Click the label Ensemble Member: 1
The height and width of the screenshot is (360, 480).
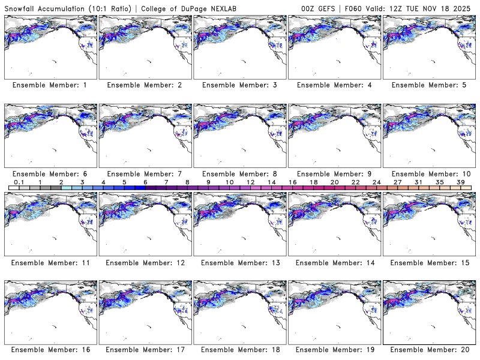(x=50, y=85)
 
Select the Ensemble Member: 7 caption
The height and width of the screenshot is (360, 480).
(x=145, y=173)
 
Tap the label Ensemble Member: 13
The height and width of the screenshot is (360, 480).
(x=239, y=262)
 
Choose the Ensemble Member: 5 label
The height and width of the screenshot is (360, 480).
(x=429, y=85)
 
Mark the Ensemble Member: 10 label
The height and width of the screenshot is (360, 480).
(x=429, y=173)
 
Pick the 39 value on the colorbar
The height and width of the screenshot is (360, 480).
(x=460, y=182)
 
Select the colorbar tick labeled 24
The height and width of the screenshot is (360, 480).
(x=376, y=182)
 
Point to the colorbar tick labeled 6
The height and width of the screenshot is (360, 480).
(x=145, y=182)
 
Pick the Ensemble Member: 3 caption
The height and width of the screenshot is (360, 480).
(x=239, y=85)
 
